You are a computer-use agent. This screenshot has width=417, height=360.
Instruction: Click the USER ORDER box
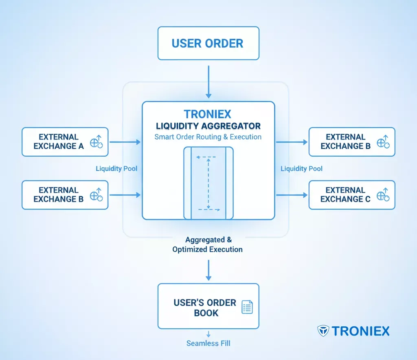tap(208, 44)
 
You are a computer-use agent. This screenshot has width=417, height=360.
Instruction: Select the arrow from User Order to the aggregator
tap(208, 81)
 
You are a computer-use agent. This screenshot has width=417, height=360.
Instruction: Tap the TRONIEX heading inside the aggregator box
tap(208, 114)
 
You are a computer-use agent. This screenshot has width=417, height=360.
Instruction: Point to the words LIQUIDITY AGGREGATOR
tap(208, 126)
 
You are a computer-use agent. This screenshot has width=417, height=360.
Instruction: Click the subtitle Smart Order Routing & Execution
tap(208, 137)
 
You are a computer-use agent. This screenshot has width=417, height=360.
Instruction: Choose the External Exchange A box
tap(65, 142)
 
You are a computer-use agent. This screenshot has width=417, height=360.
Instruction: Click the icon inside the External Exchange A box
tap(97, 142)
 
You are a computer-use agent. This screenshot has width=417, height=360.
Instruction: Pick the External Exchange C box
tap(352, 195)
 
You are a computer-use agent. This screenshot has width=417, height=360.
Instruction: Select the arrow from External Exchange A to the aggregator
tap(125, 142)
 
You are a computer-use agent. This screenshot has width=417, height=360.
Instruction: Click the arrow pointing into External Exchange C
tap(292, 195)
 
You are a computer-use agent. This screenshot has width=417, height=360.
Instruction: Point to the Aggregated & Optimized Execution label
tap(208, 244)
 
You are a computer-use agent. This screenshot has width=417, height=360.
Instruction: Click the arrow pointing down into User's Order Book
tap(208, 270)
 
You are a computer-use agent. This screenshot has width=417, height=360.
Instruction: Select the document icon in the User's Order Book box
tap(247, 307)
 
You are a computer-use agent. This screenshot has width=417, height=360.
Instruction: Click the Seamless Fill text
tap(208, 343)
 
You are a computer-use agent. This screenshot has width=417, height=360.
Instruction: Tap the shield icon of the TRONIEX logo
tap(323, 331)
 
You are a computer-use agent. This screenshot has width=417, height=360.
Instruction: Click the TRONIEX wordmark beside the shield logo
tap(360, 331)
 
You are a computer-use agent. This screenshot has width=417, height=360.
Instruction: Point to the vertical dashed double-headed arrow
tap(208, 183)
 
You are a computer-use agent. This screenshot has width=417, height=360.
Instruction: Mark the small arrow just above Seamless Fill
tap(208, 334)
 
